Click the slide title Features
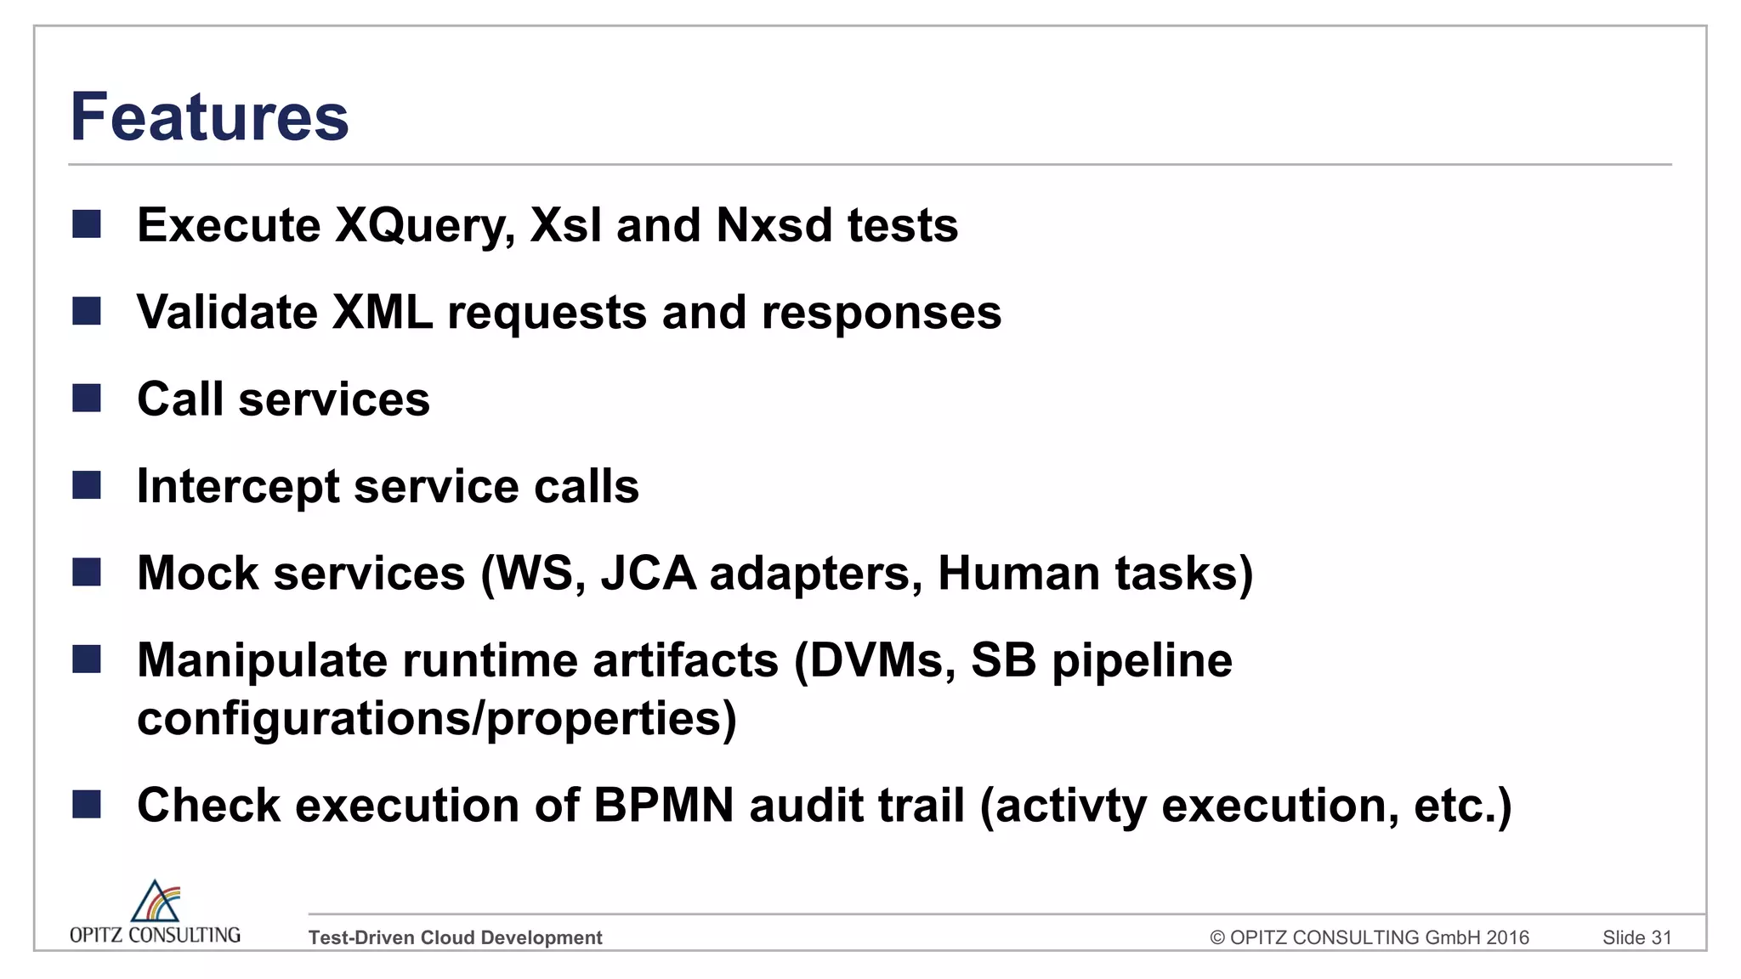(x=209, y=116)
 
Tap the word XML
(x=383, y=313)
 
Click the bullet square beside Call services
(x=87, y=398)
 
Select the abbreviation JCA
(x=649, y=574)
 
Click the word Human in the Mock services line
(x=1018, y=574)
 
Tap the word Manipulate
(x=262, y=661)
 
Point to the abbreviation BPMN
(x=663, y=806)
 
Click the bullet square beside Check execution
(x=87, y=804)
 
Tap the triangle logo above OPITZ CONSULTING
(x=156, y=902)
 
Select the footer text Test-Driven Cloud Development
(x=455, y=937)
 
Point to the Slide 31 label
(x=1636, y=937)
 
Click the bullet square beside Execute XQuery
(x=87, y=224)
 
